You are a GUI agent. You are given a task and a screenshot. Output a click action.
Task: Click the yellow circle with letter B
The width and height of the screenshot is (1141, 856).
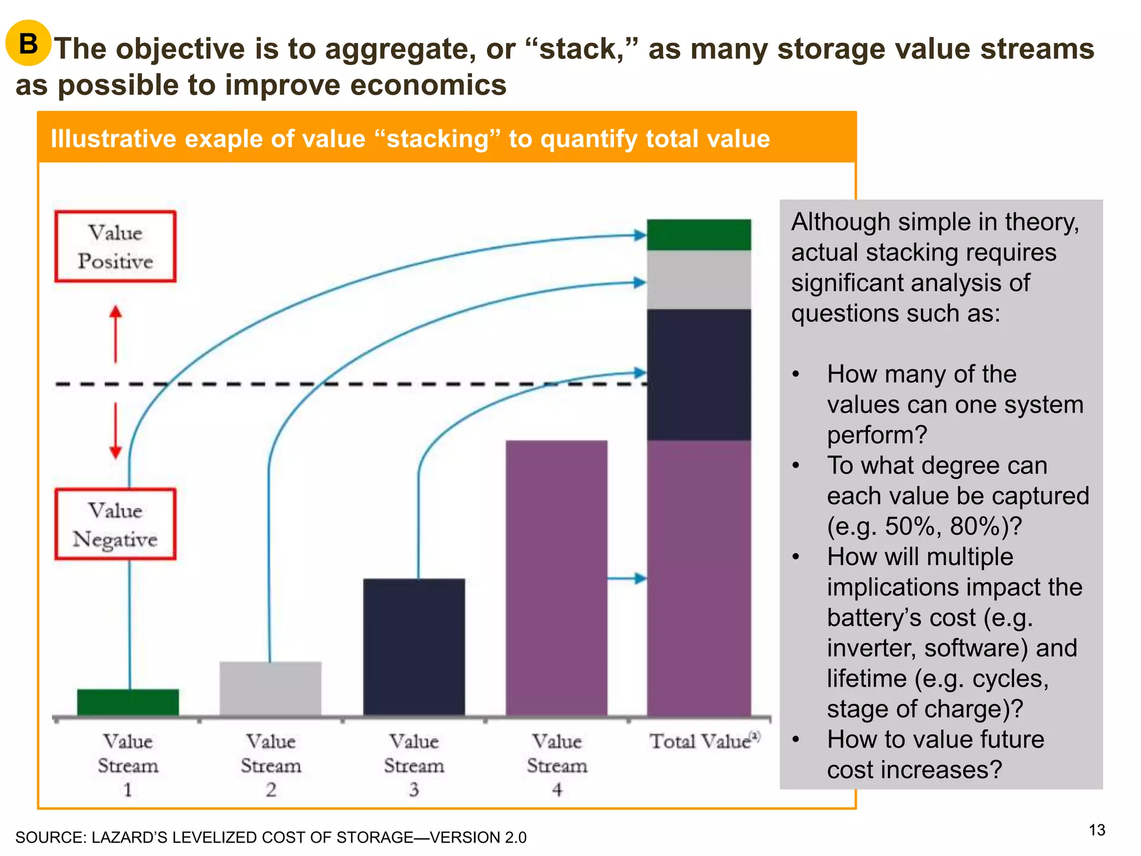pos(28,43)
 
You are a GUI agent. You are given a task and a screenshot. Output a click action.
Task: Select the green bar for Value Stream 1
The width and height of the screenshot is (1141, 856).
pos(128,702)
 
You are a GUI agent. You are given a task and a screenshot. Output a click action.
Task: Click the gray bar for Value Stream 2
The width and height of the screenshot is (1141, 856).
pos(270,688)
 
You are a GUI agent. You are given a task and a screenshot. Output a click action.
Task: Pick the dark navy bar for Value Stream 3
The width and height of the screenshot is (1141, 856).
pos(414,646)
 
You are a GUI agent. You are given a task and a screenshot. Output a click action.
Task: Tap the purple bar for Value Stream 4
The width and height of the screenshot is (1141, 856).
pos(556,577)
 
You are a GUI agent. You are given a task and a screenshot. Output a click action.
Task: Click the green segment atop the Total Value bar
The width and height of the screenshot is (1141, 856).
pos(699,235)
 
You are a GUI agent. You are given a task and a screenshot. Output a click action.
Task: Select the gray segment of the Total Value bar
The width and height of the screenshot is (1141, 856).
pos(699,280)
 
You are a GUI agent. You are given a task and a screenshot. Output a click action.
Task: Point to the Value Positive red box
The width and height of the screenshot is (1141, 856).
pos(115,246)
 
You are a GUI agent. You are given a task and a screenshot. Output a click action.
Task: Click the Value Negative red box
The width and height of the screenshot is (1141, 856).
pos(115,524)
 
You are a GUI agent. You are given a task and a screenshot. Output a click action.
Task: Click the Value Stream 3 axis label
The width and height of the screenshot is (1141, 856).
pos(414,765)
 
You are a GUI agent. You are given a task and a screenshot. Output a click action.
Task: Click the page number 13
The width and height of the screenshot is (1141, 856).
pos(1096,830)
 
